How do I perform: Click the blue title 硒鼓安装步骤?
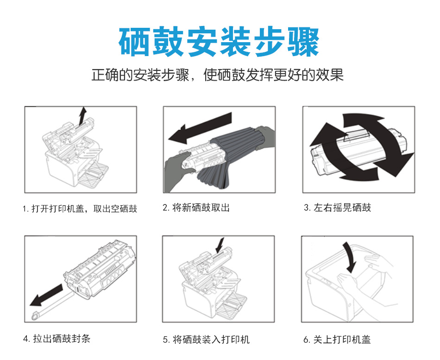click(219, 42)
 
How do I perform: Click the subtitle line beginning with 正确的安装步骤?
click(218, 75)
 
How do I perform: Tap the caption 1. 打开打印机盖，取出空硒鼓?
click(80, 208)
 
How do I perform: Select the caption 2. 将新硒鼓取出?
click(196, 208)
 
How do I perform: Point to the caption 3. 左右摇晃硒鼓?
click(337, 208)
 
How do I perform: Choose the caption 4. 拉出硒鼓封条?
click(57, 338)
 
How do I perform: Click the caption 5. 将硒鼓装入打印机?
click(206, 339)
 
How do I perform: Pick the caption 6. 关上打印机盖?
click(337, 339)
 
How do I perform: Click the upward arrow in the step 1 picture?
click(82, 116)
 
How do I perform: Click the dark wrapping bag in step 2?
click(233, 157)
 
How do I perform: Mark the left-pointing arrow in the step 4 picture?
click(46, 295)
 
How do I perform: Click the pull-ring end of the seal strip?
click(35, 316)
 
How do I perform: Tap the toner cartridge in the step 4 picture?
click(100, 270)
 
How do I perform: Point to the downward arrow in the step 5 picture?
click(220, 246)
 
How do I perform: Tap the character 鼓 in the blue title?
click(168, 42)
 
